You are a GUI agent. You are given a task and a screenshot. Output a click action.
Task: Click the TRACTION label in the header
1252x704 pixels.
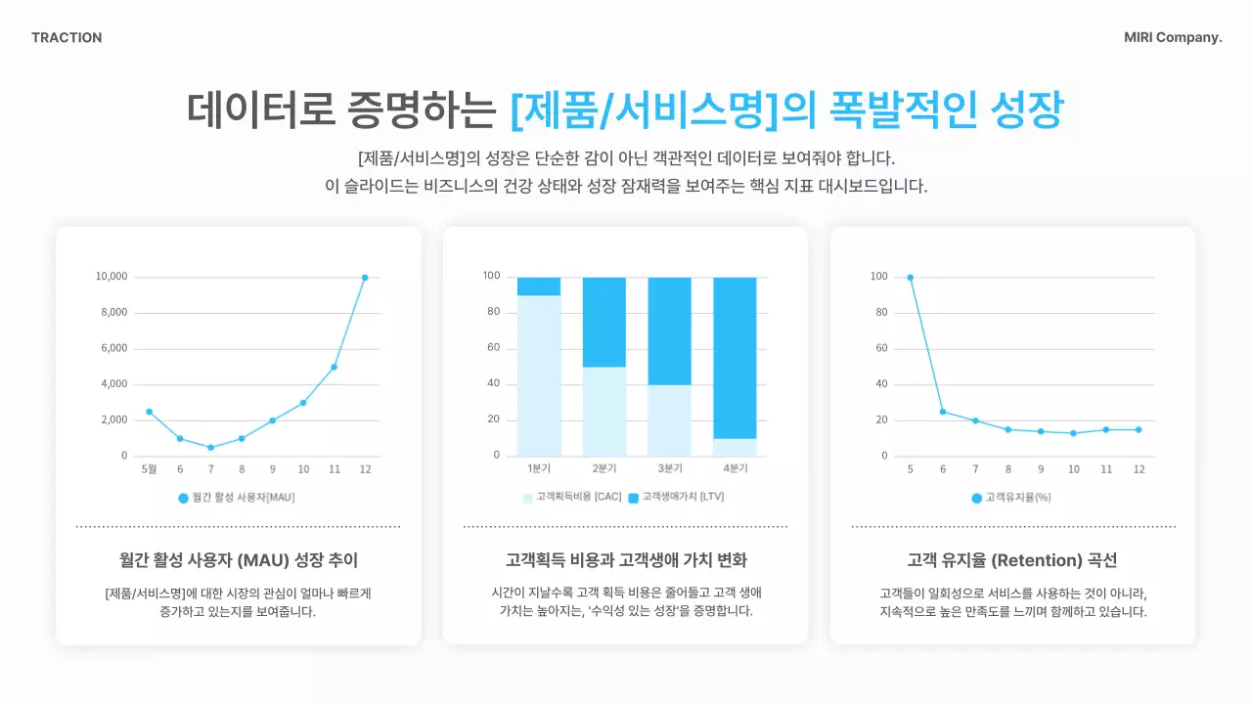[67, 38]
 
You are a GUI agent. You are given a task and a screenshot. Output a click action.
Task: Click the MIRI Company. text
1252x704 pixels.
[1173, 38]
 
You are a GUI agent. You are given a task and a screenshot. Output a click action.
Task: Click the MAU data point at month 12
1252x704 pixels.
[365, 278]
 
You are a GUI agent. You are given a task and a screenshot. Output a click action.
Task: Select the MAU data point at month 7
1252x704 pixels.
[210, 448]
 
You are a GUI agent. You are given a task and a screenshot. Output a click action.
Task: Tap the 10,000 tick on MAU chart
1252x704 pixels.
[112, 277]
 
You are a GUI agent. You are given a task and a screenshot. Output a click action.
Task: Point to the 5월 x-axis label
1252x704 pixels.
[149, 469]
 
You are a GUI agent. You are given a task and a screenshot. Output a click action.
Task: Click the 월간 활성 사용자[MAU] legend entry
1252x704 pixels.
[236, 498]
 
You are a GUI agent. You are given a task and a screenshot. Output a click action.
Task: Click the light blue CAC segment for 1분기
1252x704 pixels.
[539, 375]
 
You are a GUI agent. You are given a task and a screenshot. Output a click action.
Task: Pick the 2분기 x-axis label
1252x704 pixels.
[604, 468]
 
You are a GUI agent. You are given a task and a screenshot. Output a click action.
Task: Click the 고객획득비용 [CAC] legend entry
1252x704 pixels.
[572, 498]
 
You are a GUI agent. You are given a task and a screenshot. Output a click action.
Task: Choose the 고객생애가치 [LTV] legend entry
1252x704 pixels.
[676, 498]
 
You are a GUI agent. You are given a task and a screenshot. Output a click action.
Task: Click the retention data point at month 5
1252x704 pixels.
[910, 278]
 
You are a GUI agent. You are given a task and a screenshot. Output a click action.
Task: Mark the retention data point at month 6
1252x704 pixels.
[943, 412]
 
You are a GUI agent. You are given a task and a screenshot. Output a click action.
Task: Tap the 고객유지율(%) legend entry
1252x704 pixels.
[1011, 498]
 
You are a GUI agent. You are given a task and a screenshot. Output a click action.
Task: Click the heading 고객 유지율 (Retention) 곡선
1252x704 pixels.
[1012, 560]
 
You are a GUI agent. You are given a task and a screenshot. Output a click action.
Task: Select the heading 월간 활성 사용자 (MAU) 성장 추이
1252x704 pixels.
[239, 560]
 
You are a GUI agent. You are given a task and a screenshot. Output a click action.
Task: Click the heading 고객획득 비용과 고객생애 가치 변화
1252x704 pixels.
[626, 560]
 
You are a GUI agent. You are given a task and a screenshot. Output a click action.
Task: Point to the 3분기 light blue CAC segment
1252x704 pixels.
[669, 420]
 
